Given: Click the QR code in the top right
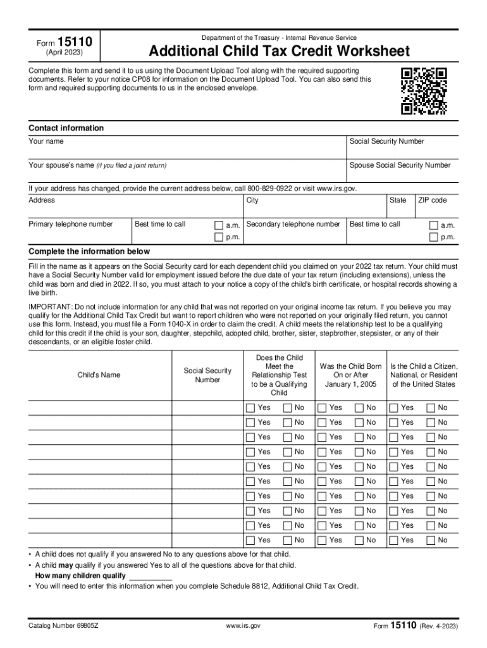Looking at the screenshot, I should [424, 91].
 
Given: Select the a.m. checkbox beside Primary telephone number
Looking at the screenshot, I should [219, 225].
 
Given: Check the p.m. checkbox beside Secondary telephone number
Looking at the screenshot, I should [433, 237].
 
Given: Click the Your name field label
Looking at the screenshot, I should [46, 141].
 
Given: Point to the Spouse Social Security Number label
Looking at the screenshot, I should [400, 165].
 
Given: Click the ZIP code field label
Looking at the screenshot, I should [432, 200].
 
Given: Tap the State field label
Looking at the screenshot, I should [398, 200].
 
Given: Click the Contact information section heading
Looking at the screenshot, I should [66, 128].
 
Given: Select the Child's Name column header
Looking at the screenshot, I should [99, 375].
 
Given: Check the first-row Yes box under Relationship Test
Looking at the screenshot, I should [250, 408].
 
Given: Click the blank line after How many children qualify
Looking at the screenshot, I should [151, 576].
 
